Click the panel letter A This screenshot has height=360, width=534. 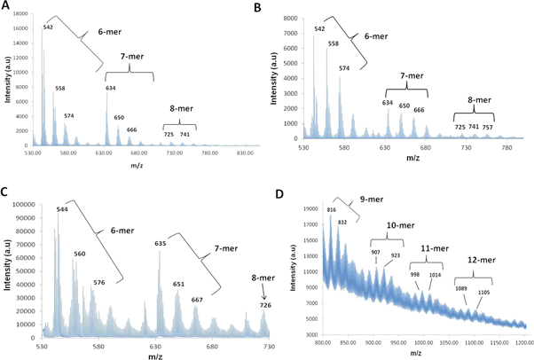pyautogui.click(x=7, y=7)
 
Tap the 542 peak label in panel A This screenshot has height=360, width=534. pyautogui.click(x=47, y=26)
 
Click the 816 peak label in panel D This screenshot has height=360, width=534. pyautogui.click(x=331, y=210)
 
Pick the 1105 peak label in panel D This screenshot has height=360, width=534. pyautogui.click(x=483, y=293)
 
